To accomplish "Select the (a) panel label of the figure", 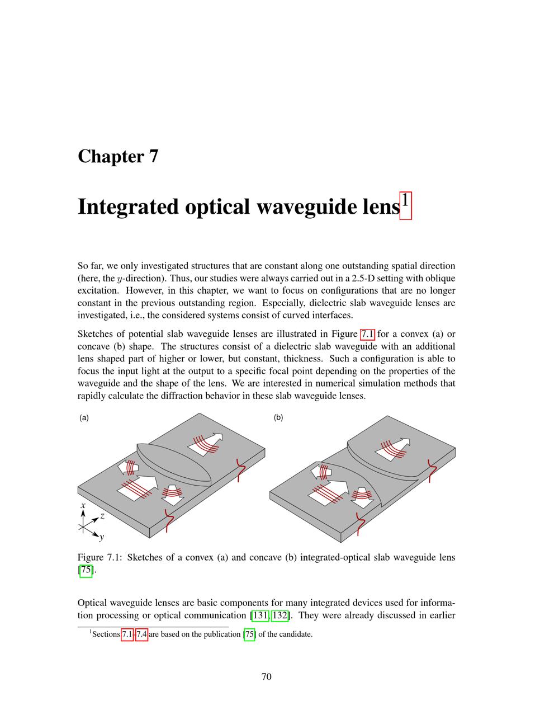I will (x=84, y=417).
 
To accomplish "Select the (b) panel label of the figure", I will (x=278, y=417).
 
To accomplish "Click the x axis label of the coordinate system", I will (x=83, y=505).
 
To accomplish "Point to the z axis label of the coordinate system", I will (x=102, y=516).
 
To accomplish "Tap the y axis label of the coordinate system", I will (x=101, y=538).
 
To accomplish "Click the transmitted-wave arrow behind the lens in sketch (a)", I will (x=206, y=442).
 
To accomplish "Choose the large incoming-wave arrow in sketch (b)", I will (x=330, y=490).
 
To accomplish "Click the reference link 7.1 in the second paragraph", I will (x=367, y=334).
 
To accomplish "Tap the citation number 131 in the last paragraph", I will (x=260, y=616).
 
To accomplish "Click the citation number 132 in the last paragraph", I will (x=279, y=616).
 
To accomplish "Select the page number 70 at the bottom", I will (x=267, y=676).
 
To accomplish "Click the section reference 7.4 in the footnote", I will (x=141, y=634).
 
